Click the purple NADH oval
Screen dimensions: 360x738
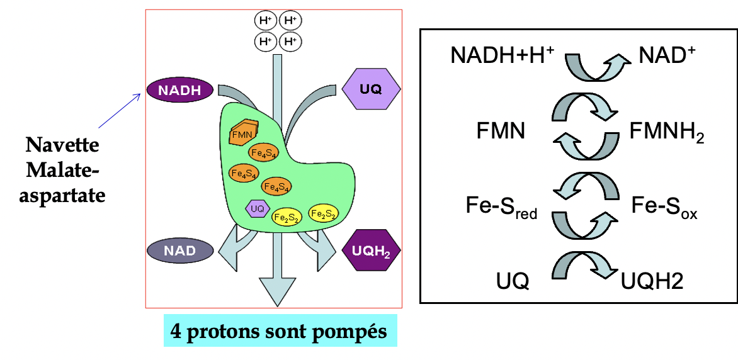point(179,90)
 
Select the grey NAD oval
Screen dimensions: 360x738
point(179,250)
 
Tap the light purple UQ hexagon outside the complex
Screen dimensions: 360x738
point(371,89)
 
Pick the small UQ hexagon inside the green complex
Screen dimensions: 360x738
point(258,208)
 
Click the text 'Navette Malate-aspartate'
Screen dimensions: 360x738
point(62,170)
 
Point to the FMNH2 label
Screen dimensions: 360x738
point(666,133)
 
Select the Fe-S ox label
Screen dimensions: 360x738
point(664,207)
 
